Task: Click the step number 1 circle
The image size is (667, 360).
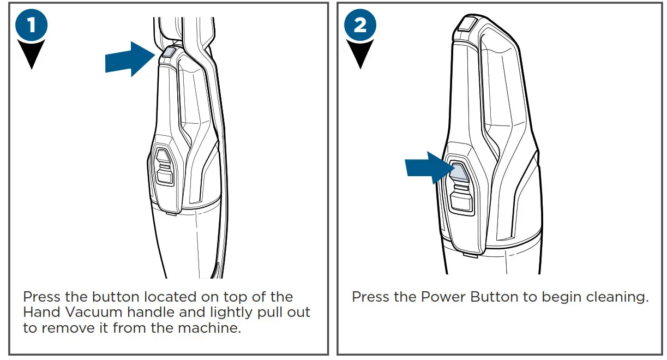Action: point(32,26)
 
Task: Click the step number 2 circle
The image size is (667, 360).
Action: point(360,26)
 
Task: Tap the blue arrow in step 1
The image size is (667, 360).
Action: point(129,59)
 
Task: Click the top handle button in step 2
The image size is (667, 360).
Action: point(467,24)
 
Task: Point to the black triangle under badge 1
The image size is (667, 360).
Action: point(32,55)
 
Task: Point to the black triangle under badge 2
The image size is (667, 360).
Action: point(360,55)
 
